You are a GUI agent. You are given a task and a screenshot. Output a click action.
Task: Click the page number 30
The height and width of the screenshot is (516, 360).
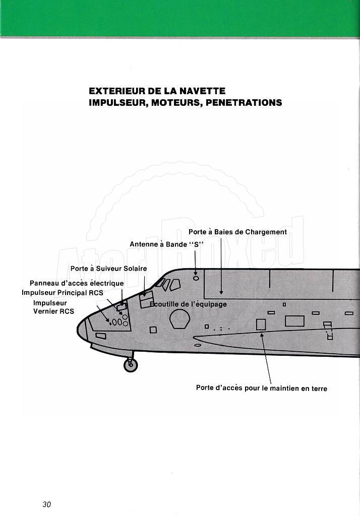47,504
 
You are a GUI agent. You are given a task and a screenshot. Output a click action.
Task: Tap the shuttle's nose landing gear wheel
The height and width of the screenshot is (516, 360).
131,365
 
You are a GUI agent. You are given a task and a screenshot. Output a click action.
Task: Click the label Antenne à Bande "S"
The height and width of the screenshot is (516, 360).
167,244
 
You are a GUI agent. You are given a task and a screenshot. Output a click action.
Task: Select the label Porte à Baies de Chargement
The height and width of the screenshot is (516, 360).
237,232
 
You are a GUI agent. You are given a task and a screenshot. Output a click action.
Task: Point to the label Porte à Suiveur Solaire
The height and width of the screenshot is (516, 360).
109,269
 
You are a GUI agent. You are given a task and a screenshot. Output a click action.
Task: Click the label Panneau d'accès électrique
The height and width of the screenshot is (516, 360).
77,283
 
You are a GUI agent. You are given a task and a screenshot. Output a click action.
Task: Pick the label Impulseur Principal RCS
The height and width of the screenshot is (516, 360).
63,293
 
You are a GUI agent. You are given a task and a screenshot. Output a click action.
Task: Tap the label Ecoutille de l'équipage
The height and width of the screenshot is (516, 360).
189,304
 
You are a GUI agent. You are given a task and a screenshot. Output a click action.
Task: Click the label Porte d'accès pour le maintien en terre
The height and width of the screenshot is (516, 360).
262,389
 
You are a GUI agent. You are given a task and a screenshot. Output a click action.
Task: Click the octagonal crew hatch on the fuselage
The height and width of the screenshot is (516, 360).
180,319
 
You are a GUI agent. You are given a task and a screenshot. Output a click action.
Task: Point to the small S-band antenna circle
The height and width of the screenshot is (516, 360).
196,278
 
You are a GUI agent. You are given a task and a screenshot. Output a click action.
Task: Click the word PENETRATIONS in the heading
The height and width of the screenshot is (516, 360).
244,103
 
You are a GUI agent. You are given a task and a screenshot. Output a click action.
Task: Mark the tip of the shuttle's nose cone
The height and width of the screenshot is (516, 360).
78,330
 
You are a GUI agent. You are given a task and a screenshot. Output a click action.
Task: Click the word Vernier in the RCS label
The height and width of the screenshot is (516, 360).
46,311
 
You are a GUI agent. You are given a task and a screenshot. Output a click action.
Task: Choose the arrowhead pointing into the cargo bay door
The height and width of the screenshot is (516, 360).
221,292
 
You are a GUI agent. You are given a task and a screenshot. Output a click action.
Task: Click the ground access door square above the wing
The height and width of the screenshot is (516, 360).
261,325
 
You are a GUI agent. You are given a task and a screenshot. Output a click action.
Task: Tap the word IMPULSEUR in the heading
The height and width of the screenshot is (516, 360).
118,103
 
